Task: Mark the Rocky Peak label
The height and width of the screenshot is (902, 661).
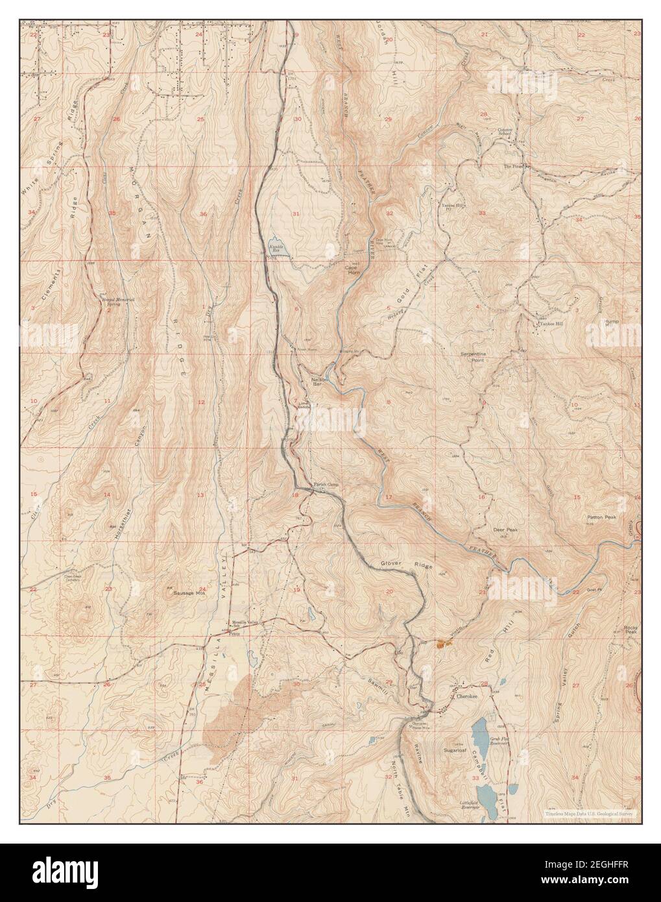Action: (x=631, y=630)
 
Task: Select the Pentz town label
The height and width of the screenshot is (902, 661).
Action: (x=234, y=633)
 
